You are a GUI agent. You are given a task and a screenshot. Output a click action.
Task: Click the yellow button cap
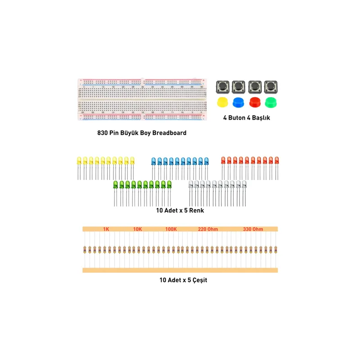pyautogui.click(x=222, y=102)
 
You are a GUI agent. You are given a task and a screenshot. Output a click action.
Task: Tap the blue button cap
pyautogui.click(x=238, y=103)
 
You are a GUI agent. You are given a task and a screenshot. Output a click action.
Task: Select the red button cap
pyautogui.click(x=255, y=102)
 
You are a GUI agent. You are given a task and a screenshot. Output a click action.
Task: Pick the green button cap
pyautogui.click(x=271, y=103)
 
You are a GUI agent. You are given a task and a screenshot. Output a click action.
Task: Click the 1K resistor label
pyautogui.click(x=106, y=229)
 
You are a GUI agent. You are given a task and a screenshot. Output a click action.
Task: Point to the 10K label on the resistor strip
pyautogui.click(x=138, y=229)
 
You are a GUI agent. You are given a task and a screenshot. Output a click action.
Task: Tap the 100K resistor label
pyautogui.click(x=171, y=229)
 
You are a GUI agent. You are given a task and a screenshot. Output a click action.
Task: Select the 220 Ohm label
pyautogui.click(x=208, y=229)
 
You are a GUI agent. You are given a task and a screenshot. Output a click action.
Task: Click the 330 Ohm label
pyautogui.click(x=253, y=229)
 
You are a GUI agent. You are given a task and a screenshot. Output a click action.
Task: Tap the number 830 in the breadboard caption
pyautogui.click(x=103, y=133)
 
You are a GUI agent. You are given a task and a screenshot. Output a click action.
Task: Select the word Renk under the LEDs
pyautogui.click(x=197, y=211)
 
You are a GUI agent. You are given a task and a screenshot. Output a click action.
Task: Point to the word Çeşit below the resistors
pyautogui.click(x=200, y=280)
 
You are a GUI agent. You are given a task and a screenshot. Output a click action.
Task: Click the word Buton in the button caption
pyautogui.click(x=237, y=118)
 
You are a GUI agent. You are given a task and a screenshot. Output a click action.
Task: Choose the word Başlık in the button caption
pyautogui.click(x=261, y=118)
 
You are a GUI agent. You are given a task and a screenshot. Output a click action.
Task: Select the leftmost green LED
pyautogui.click(x=116, y=193)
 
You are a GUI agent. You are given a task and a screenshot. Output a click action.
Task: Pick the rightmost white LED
pyautogui.click(x=244, y=193)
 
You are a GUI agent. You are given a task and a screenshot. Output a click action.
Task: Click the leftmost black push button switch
pyautogui.click(x=222, y=87)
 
